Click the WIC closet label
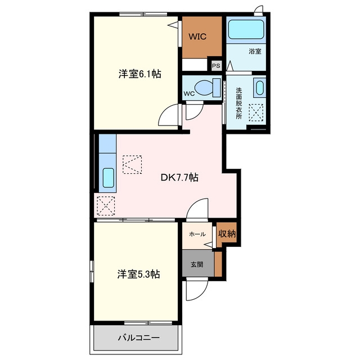[x=197, y=37]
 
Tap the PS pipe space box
[x=216, y=66]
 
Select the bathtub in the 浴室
[x=246, y=30]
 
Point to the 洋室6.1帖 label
[x=140, y=74]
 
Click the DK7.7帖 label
[x=179, y=178]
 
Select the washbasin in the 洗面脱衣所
[x=260, y=88]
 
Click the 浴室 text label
[x=255, y=51]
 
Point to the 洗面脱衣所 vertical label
[x=238, y=103]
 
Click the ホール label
[x=197, y=234]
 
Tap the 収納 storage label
[x=227, y=234]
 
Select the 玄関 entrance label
[x=197, y=264]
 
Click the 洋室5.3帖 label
[x=139, y=274]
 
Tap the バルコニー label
[x=139, y=337]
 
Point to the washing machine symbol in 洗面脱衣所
[x=256, y=112]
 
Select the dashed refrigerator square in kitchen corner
[x=106, y=206]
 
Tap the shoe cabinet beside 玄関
[x=218, y=264]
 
